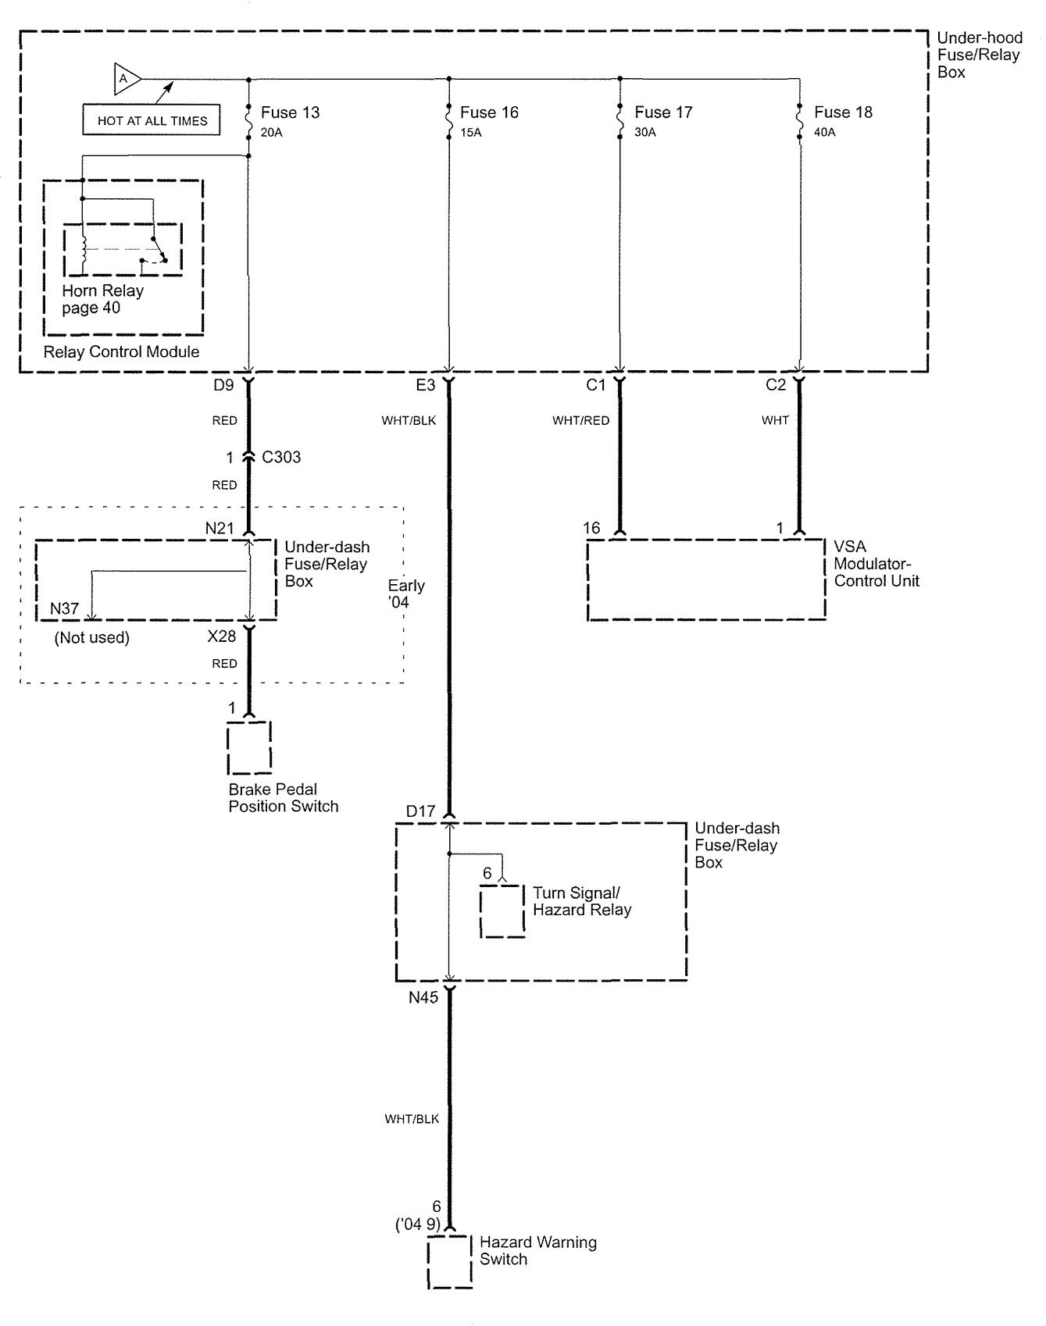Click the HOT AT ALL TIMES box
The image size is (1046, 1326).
coord(152,120)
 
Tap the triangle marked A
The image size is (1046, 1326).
coord(127,78)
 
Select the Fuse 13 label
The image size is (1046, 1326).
coord(290,112)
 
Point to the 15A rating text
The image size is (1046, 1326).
coord(471,133)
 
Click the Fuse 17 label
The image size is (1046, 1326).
coord(663,112)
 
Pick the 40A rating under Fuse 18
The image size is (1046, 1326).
coord(825,133)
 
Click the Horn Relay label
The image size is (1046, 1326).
coord(103,291)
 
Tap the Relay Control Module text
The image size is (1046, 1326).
coord(121,351)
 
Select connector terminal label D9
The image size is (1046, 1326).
coord(223,385)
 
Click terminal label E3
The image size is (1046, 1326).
coord(425,385)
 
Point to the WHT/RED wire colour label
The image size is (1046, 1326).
coord(580,420)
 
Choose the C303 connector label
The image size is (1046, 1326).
coord(281,457)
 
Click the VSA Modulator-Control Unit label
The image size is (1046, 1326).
coord(876,564)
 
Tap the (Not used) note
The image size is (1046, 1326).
coord(92,637)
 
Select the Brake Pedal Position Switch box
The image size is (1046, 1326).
coord(249,747)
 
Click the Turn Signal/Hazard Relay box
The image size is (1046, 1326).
coord(502,911)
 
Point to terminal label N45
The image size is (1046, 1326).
coord(423,997)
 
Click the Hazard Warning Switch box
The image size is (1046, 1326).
coord(450,1262)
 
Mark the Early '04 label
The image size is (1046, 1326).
coord(406,593)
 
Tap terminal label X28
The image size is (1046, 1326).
coord(222,636)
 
